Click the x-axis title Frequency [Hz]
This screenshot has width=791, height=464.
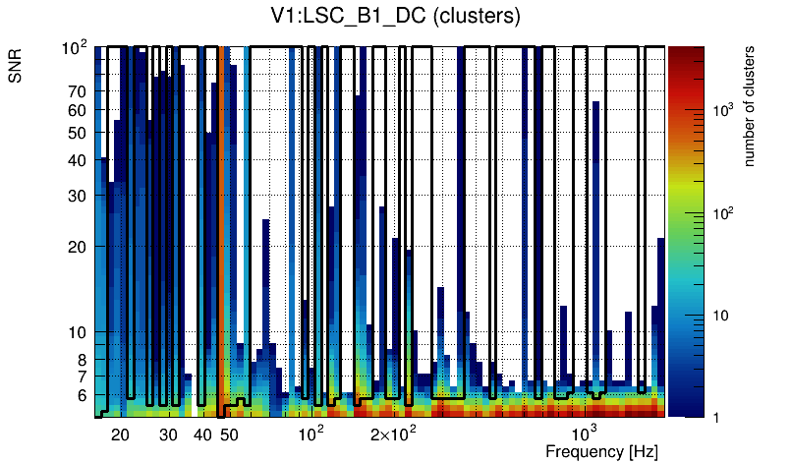coord(601,451)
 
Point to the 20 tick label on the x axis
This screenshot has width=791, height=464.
coord(120,435)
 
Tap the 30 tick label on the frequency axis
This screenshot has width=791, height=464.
coord(168,435)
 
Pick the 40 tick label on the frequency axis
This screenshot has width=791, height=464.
coord(202,435)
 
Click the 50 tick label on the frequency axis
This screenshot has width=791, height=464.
coord(229,435)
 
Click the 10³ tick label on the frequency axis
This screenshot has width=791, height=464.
coord(584,434)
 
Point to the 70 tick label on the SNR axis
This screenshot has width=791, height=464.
coord(77,91)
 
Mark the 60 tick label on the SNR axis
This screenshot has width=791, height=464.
coord(77,110)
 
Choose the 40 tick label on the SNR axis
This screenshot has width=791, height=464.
coord(77,160)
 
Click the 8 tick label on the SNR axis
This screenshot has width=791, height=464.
coord(82,360)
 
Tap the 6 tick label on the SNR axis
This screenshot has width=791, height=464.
coord(82,395)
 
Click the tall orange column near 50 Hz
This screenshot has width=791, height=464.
coord(222,226)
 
